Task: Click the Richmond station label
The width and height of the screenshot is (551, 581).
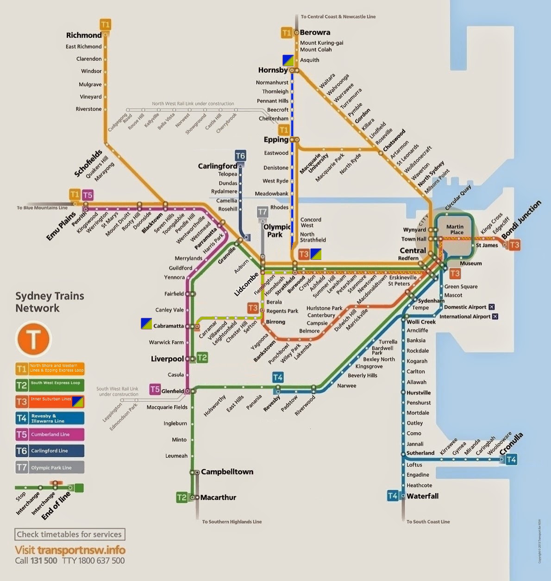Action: [83, 35]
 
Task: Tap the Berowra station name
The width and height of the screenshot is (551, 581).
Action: [315, 32]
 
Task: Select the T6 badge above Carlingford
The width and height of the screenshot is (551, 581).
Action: [240, 156]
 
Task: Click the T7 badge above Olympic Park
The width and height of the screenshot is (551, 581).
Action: [262, 212]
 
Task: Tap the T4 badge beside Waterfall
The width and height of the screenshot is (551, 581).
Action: [393, 496]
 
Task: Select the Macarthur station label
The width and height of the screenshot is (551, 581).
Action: [218, 498]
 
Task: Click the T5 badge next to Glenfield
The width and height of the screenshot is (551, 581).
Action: [155, 390]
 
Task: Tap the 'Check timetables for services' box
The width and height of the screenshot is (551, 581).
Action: [69, 534]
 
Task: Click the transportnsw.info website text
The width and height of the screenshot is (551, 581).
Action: [70, 550]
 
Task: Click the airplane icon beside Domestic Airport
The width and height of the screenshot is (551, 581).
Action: [491, 307]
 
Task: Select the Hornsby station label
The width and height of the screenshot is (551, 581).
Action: [273, 70]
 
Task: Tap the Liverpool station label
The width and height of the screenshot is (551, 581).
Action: [167, 359]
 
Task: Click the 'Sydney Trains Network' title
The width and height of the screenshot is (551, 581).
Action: [50, 302]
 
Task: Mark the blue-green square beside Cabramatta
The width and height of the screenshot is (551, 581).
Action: [146, 324]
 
